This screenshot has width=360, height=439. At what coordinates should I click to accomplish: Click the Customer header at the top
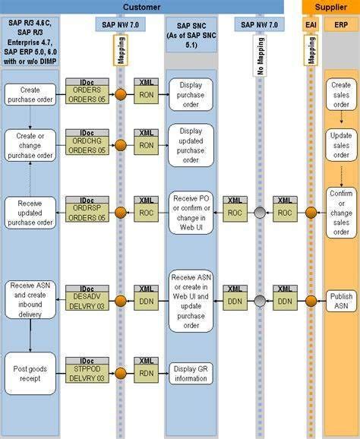coord(141,6)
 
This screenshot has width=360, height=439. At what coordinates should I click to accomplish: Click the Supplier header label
coord(331,6)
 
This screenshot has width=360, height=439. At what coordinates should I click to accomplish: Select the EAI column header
coord(311,24)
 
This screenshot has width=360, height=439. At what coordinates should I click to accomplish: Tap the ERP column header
coord(341,24)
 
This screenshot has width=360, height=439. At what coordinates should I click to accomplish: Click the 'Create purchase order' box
coord(30,95)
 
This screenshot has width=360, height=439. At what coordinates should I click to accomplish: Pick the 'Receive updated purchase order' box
coord(30,212)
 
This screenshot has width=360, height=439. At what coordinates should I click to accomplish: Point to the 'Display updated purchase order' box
coord(191,144)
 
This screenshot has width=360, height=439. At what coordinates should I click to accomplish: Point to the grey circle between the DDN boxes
coord(261,302)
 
